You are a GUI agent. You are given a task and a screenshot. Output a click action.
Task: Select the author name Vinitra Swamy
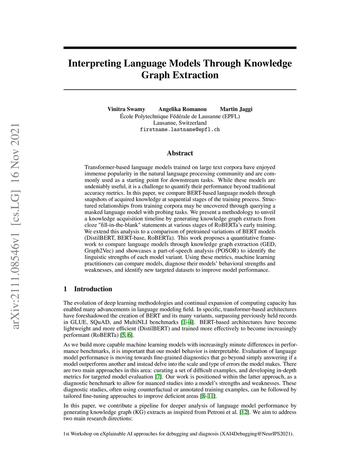click(x=126, y=109)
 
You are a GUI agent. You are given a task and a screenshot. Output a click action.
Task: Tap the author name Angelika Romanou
click(x=182, y=109)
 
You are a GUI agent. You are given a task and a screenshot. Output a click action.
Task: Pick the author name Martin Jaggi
click(x=236, y=109)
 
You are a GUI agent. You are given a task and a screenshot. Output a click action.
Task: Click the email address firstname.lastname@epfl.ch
click(x=180, y=129)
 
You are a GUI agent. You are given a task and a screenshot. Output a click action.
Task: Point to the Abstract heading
click(x=180, y=153)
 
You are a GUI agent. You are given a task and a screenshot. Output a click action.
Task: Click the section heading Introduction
click(x=93, y=289)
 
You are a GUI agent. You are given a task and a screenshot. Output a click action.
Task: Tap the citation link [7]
click(x=158, y=377)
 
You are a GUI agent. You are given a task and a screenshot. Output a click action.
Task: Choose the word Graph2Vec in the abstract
click(x=97, y=251)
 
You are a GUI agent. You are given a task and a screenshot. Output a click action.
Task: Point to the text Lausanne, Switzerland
click(x=180, y=123)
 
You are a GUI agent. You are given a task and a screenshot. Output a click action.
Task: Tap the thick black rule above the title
click(x=180, y=48)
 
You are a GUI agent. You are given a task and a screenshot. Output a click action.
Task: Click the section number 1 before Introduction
click(x=65, y=289)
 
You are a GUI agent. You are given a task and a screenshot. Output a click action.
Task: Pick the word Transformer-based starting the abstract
click(x=104, y=167)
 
